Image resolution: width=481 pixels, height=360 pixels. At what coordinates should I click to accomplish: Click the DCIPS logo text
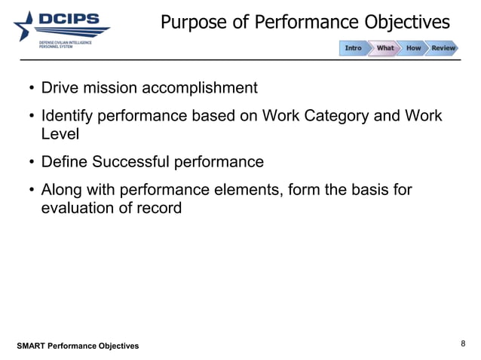pos(73,20)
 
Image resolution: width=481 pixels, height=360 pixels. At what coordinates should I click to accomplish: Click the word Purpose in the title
pos(191,23)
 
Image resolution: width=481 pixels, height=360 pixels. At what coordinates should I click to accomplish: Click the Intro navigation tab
pos(353,48)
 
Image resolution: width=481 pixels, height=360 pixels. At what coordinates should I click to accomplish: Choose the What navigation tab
pos(384,48)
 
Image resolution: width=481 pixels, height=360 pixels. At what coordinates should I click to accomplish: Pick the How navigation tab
pos(413,48)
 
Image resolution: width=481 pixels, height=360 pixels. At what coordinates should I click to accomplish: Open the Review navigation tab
pos(443,48)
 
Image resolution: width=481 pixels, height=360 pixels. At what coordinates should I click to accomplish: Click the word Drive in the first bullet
pos(60,88)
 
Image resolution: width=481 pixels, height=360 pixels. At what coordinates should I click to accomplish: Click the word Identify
pos(68,117)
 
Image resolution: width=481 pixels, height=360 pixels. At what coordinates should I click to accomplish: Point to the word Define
pos(64,162)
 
